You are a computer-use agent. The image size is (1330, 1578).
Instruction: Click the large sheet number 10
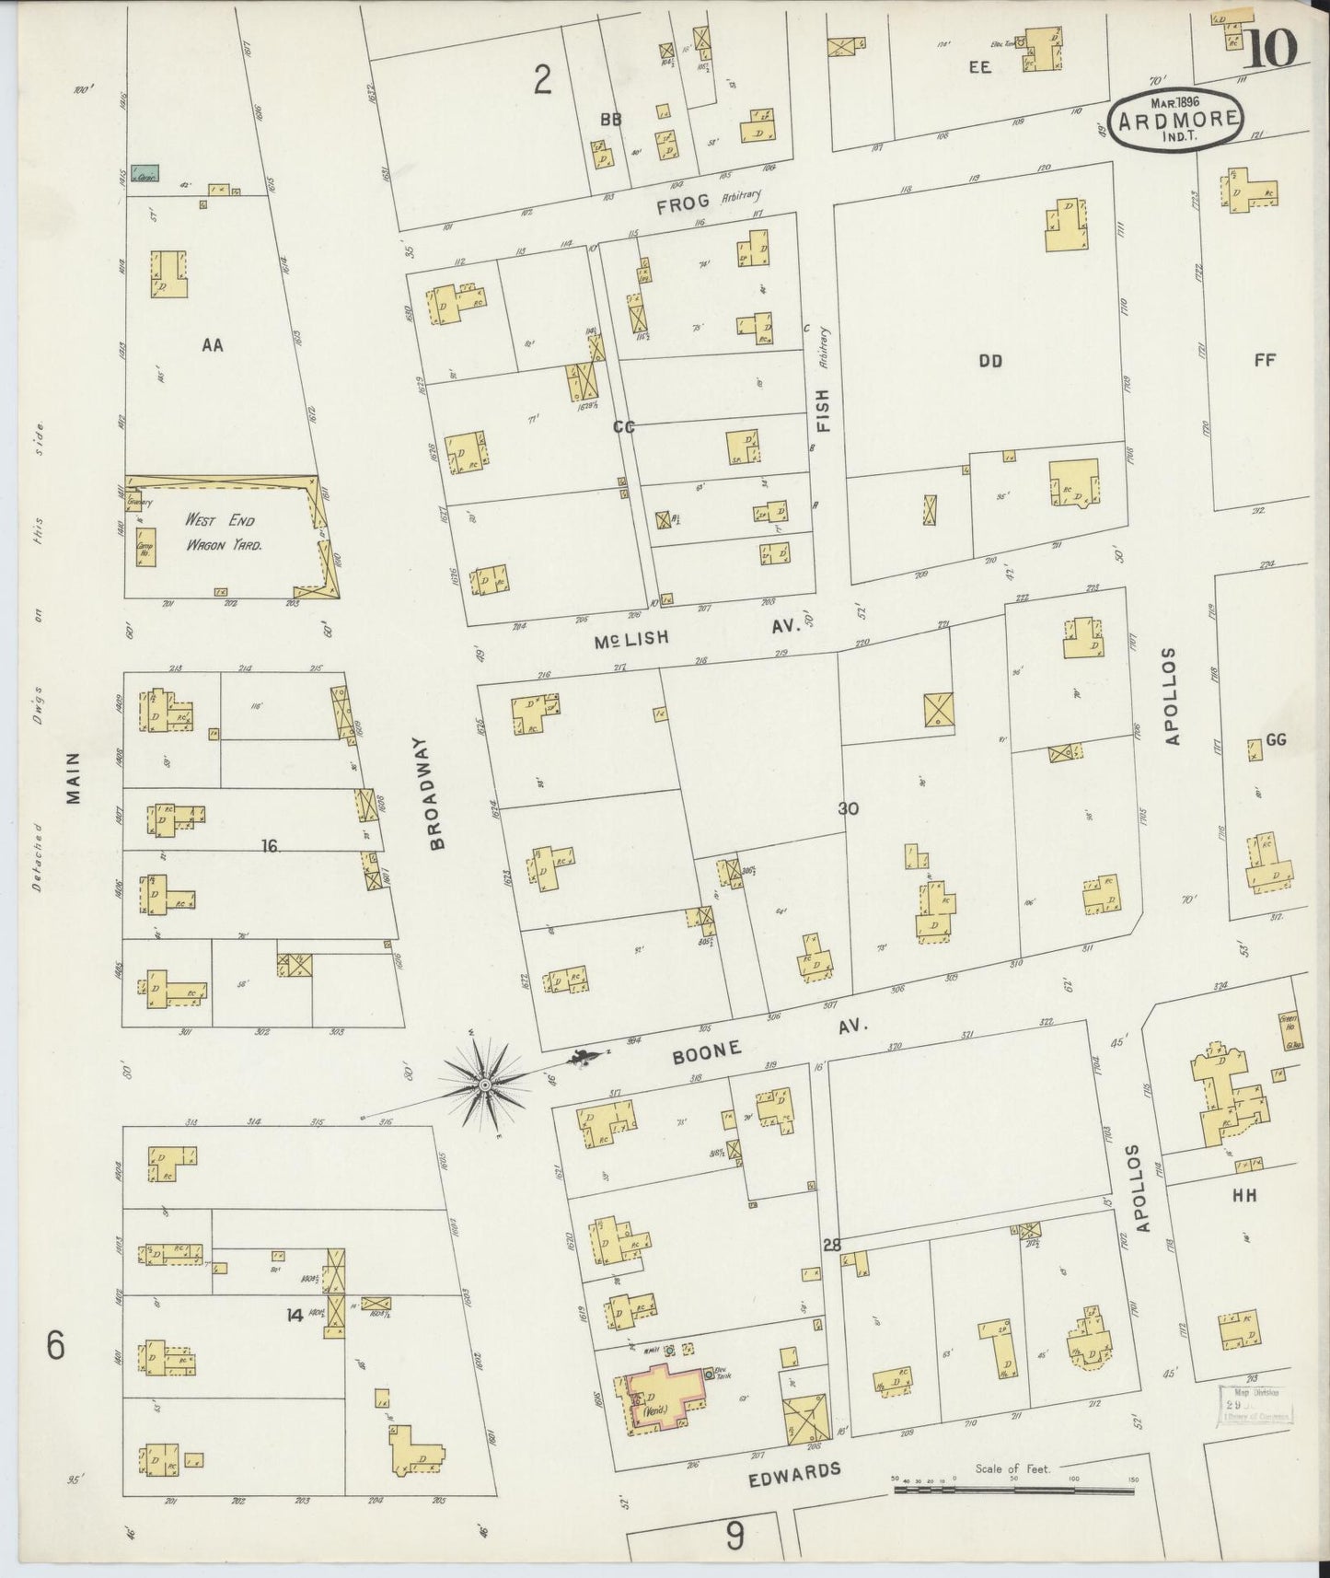pyautogui.click(x=1272, y=48)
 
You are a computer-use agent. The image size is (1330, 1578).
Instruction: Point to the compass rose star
pyautogui.click(x=485, y=1085)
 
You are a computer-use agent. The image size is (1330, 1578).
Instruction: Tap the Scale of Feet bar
pyautogui.click(x=1012, y=1487)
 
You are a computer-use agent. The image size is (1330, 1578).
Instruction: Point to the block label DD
pyautogui.click(x=990, y=361)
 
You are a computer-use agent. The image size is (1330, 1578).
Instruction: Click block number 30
pyautogui.click(x=849, y=808)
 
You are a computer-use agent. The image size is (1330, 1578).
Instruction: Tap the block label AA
pyautogui.click(x=213, y=345)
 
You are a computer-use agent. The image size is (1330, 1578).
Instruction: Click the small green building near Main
pyautogui.click(x=145, y=173)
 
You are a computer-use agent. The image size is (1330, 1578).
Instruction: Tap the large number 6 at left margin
pyautogui.click(x=56, y=1347)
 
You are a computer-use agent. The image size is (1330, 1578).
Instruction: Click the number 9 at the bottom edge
pyautogui.click(x=734, y=1535)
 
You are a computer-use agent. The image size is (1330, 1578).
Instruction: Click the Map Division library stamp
pyautogui.click(x=1256, y=1402)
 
